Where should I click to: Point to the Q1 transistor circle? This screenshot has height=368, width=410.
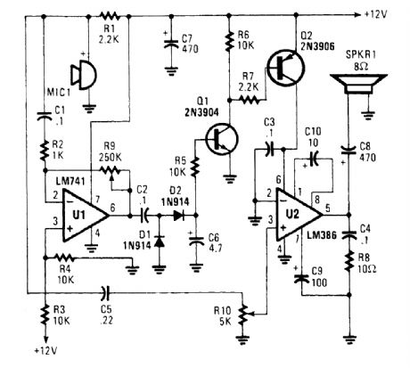(x=216, y=138)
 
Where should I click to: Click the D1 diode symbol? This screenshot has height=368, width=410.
(x=158, y=241)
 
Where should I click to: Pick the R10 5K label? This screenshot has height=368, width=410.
(x=221, y=313)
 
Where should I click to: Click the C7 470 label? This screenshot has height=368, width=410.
(x=188, y=45)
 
